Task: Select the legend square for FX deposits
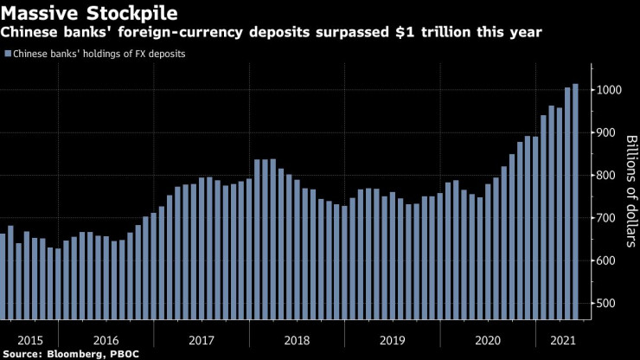pos(8,54)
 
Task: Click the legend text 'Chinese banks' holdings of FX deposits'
pos(99,54)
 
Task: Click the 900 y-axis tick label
pos(609,133)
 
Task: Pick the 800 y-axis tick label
pos(609,176)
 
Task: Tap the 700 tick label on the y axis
pos(609,218)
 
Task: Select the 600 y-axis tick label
pos(609,260)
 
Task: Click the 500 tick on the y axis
pos(609,303)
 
